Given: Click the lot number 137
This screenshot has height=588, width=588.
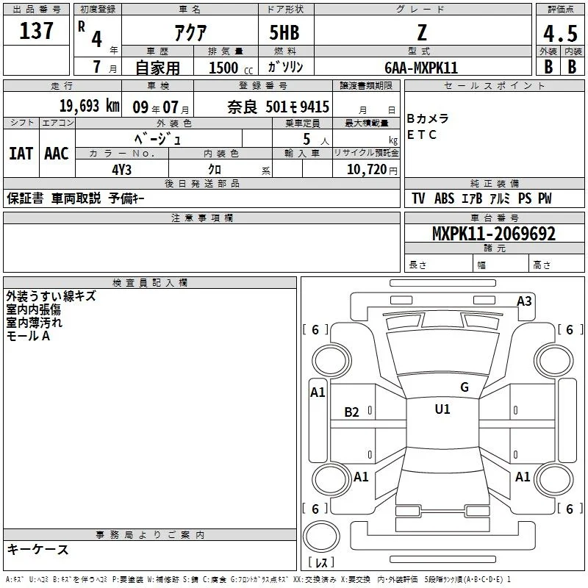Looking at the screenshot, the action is tap(36, 31).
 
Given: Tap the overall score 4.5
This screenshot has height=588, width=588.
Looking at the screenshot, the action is tap(560, 34).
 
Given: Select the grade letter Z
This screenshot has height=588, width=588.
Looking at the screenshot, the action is tap(422, 32).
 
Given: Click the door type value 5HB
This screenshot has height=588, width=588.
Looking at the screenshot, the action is tap(284, 32).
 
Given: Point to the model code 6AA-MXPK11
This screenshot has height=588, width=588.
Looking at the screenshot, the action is tap(421, 68).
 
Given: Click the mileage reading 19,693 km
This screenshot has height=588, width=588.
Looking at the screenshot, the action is tap(90, 106).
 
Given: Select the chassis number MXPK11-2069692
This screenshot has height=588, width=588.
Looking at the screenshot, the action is tap(494, 234).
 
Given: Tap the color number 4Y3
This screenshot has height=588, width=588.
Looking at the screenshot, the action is tap(121, 170).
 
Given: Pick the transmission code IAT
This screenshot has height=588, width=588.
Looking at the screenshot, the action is tap(21, 154).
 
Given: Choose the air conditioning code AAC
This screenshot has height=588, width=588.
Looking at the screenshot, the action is tap(57, 154).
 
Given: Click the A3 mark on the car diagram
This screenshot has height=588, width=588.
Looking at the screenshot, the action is tap(524, 301).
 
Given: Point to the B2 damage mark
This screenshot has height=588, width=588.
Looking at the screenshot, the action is tap(352, 412).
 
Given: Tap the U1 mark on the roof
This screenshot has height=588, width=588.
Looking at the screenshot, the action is tap(442, 409).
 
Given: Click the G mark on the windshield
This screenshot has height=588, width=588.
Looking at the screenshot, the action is tap(465, 387).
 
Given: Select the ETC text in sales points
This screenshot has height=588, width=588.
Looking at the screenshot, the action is tap(422, 135).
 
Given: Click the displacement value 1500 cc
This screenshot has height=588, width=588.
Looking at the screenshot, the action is tap(231, 68).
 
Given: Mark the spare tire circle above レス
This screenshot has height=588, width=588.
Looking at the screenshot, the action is tap(321, 537).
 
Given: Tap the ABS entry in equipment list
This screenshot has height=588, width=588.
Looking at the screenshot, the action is tap(445, 198).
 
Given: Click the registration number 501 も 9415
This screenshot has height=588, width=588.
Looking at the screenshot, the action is tap(298, 107).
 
